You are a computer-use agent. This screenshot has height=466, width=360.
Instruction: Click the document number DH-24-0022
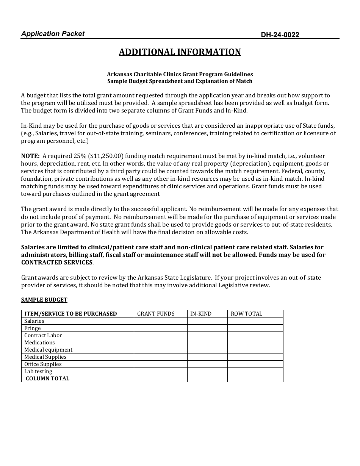click(280, 35)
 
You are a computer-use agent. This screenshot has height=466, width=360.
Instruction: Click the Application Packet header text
click(53, 34)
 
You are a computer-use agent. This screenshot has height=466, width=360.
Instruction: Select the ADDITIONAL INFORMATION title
click(180, 52)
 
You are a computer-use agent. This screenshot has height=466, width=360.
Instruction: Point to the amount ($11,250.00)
click(106, 156)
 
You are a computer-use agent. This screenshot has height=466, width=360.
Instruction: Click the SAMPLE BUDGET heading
click(44, 300)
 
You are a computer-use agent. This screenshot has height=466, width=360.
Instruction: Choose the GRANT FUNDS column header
click(156, 314)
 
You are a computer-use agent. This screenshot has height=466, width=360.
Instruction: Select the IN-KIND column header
click(201, 314)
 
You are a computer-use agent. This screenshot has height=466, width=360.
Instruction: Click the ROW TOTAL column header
click(246, 314)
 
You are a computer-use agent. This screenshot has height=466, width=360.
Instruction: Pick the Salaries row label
click(34, 321)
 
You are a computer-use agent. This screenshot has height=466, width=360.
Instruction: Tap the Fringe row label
click(32, 328)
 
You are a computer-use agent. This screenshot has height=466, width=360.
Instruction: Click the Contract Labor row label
click(43, 335)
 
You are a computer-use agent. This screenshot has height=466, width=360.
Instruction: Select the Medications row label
click(39, 342)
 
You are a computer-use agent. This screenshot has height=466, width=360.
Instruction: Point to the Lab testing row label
click(38, 371)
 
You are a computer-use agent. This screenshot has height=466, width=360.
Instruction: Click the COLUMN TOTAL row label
click(47, 378)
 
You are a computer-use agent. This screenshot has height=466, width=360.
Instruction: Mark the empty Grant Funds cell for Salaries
click(160, 321)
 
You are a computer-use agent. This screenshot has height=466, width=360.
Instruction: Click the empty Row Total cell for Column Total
click(255, 378)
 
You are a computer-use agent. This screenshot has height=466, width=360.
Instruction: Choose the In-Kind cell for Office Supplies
click(207, 364)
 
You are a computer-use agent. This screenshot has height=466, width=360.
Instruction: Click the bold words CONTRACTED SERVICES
click(57, 263)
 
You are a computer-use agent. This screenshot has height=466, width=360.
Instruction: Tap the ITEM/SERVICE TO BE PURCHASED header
click(70, 314)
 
